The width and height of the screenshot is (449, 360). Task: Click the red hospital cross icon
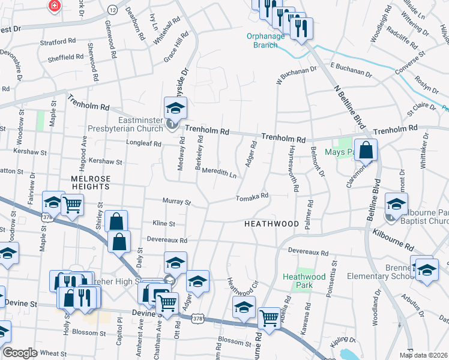55,5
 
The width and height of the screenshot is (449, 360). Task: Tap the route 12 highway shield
113,10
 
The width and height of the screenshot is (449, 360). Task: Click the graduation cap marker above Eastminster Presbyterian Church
176,108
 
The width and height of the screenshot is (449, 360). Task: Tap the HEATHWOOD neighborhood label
271,224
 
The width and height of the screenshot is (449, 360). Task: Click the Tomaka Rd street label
252,197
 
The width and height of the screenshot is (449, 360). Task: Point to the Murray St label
176,202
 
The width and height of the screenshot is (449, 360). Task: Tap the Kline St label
164,223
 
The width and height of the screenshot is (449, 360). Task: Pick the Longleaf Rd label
144,144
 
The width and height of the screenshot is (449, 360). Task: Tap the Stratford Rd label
58,42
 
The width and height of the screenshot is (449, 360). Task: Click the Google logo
20,353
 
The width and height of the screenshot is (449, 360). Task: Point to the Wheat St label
53,354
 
